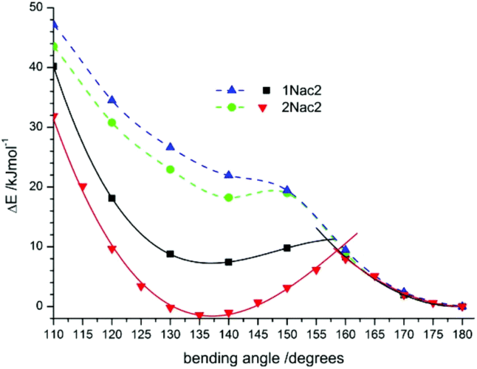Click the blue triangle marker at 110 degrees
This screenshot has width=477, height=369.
(x=54, y=24)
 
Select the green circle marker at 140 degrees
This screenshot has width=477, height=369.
(x=229, y=197)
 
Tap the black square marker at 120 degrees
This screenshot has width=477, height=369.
(x=112, y=198)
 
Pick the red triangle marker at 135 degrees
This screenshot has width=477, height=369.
(x=199, y=316)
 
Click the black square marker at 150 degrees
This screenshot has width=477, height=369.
(x=287, y=248)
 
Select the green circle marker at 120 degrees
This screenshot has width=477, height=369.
(x=112, y=123)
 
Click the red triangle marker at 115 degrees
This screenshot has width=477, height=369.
(x=83, y=187)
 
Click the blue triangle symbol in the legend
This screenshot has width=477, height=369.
(x=231, y=89)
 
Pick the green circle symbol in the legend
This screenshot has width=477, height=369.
(x=231, y=108)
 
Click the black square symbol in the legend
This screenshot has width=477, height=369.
(x=265, y=90)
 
